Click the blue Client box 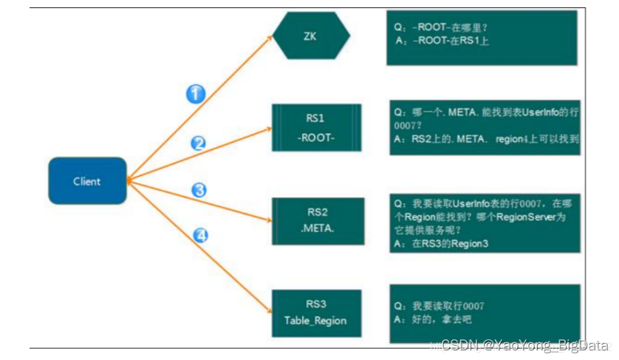(x=87, y=180)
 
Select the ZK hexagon (x=310, y=35)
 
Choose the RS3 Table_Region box (x=316, y=313)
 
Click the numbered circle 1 (x=195, y=94)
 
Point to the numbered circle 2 (x=198, y=143)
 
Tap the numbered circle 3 (x=199, y=190)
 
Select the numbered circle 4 (x=200, y=236)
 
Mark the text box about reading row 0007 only (x=485, y=313)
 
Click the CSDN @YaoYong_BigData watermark (x=522, y=344)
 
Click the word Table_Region (x=315, y=321)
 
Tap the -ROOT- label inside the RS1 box (x=315, y=138)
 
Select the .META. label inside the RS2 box (x=318, y=229)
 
